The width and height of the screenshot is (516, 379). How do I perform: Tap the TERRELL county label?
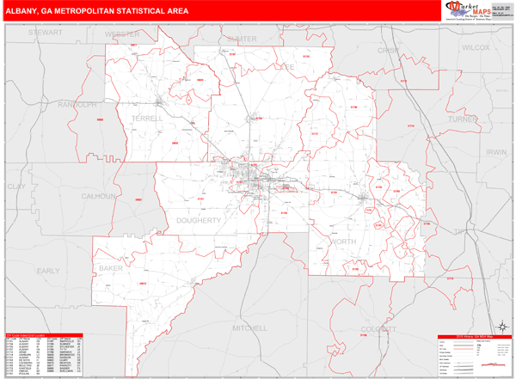point(147,119)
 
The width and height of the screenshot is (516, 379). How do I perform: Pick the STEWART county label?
point(46,32)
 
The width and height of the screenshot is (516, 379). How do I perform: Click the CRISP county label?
point(390,51)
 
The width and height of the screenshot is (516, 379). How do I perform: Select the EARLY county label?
point(48,270)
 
